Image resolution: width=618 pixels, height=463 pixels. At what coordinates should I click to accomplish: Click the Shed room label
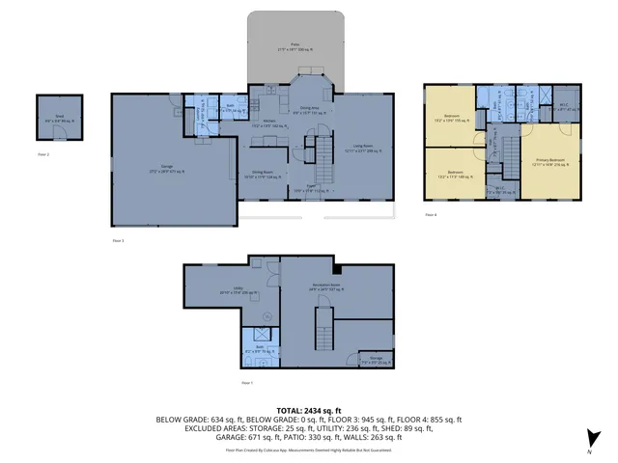tap(59, 118)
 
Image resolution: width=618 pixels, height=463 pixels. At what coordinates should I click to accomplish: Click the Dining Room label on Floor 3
tap(255, 176)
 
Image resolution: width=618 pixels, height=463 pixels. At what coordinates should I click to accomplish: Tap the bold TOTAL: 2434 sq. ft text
tap(308, 410)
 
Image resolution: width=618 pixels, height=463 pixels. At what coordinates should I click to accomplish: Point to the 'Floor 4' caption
tap(430, 214)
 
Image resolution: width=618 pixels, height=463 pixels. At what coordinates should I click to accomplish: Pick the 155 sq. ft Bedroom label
tap(450, 120)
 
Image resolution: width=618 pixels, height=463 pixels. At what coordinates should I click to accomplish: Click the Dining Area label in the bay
tap(309, 110)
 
